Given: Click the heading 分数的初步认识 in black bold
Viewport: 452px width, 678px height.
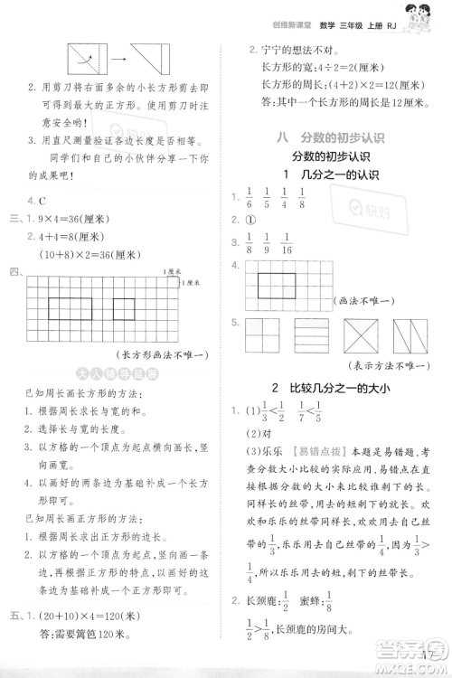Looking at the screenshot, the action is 328,155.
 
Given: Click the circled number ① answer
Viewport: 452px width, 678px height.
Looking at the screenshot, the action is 252,220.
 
